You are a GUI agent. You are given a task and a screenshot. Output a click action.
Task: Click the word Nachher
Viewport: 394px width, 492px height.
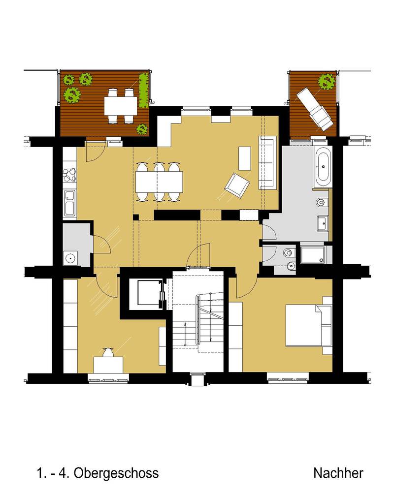[x=338, y=473]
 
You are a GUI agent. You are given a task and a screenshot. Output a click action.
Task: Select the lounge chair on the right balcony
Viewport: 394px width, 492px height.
[x=316, y=109]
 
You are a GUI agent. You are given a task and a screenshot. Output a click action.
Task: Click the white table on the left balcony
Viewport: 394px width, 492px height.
[x=121, y=106]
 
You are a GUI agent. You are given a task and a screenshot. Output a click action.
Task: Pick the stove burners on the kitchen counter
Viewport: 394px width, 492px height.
[x=70, y=176]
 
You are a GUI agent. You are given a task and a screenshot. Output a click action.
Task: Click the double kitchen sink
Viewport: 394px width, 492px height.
[x=70, y=204]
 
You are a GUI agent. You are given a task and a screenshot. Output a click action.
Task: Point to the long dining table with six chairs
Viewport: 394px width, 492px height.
[x=159, y=182]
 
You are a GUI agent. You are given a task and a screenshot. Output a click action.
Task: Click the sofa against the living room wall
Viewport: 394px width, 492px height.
[x=267, y=162]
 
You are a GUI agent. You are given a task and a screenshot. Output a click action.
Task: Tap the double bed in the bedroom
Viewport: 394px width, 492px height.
[x=308, y=325]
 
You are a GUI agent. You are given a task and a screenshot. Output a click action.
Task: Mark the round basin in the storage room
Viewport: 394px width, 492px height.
[x=71, y=259]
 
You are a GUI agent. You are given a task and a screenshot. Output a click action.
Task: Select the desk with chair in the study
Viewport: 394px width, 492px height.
[x=108, y=361]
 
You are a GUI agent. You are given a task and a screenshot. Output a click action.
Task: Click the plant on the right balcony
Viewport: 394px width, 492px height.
[x=327, y=82]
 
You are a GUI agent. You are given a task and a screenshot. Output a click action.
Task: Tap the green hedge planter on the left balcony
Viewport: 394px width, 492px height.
[x=144, y=90]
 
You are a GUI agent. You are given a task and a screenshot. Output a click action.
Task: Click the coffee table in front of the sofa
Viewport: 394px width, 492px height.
[x=245, y=158]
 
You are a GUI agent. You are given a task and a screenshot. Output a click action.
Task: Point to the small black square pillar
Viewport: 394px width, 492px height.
[x=136, y=217]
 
